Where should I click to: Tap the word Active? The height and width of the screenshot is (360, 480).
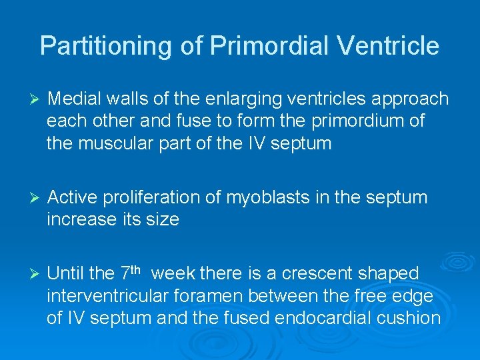point(73,197)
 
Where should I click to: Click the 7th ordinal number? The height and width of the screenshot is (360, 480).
point(130,273)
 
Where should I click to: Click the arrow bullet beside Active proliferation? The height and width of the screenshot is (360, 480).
point(36,198)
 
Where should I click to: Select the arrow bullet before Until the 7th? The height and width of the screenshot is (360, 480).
point(36,273)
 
